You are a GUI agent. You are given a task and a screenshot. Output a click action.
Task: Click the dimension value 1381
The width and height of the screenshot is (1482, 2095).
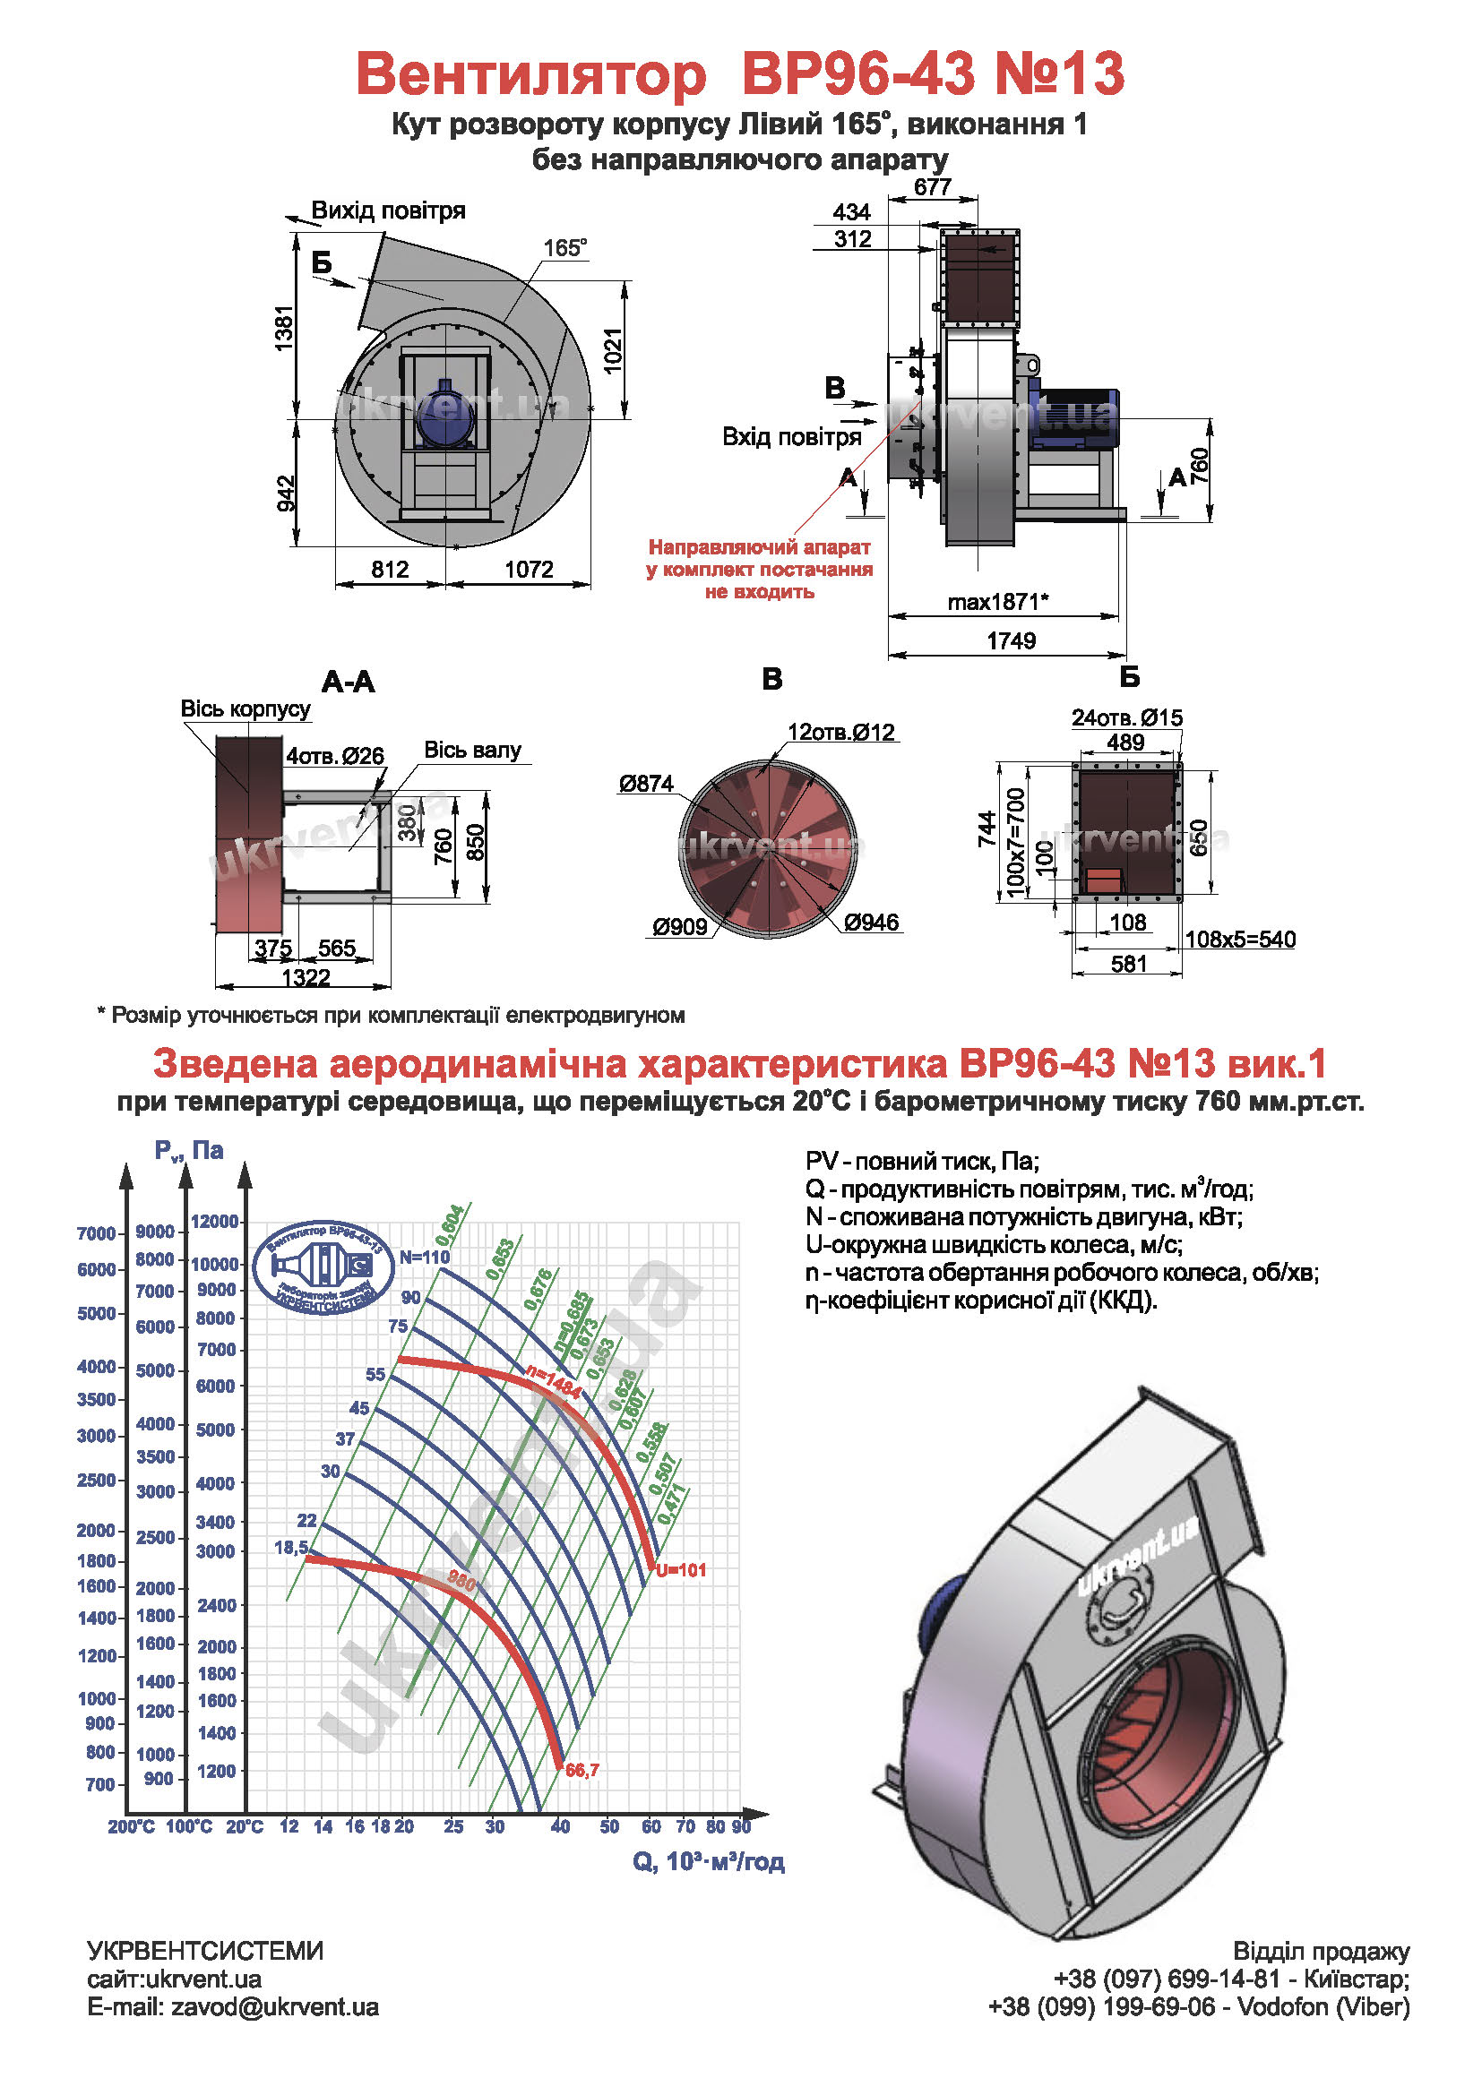tap(285, 329)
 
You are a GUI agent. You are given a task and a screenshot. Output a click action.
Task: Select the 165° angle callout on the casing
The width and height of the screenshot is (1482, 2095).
tap(564, 248)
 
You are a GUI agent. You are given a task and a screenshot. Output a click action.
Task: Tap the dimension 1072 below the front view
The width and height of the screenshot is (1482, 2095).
tap(529, 570)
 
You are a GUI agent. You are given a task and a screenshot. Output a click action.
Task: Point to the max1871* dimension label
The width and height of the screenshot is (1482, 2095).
tap(997, 602)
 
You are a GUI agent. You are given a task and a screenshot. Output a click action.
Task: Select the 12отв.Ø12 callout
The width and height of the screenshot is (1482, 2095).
tap(840, 732)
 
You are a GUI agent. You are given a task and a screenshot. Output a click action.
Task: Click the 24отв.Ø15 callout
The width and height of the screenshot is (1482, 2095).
tap(1126, 718)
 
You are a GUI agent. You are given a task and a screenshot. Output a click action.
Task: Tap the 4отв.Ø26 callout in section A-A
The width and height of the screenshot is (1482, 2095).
tap(335, 756)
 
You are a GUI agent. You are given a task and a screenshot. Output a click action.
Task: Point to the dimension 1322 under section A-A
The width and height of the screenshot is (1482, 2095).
tap(305, 978)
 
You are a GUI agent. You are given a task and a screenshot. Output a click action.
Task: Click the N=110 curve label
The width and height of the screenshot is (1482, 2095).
tap(425, 1258)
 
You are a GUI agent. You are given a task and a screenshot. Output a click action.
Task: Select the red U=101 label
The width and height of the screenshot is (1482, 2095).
tap(681, 1570)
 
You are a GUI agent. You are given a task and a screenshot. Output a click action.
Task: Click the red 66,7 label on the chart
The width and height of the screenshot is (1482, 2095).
tap(582, 1770)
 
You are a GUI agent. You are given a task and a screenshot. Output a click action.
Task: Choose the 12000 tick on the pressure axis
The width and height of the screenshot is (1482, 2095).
tap(214, 1222)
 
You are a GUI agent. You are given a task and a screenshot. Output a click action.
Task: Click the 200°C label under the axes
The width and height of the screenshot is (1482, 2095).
tap(132, 1826)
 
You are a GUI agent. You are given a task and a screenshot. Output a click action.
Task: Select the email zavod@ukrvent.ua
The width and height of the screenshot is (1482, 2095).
tap(274, 2007)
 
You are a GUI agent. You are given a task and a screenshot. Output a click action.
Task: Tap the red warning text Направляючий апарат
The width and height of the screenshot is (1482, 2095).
tap(759, 547)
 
